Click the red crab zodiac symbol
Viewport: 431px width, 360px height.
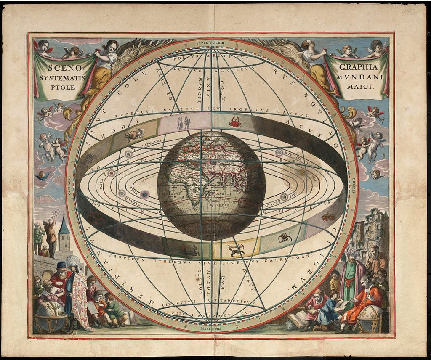click(234, 123)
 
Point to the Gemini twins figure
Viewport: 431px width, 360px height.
click(184, 123)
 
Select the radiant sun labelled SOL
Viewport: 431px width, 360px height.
click(302, 172)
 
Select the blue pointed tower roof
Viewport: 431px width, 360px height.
click(64, 227)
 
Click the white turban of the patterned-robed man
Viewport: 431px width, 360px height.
click(72, 261)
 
